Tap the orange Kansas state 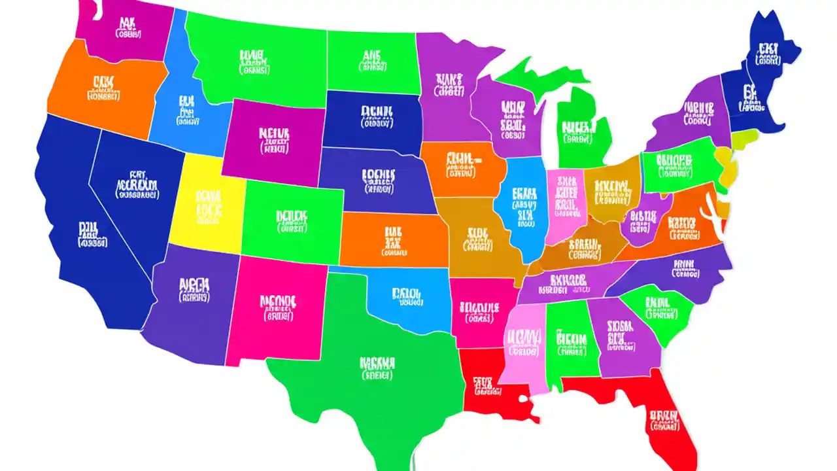coord(392,239)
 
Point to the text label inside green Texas coord(377,368)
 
